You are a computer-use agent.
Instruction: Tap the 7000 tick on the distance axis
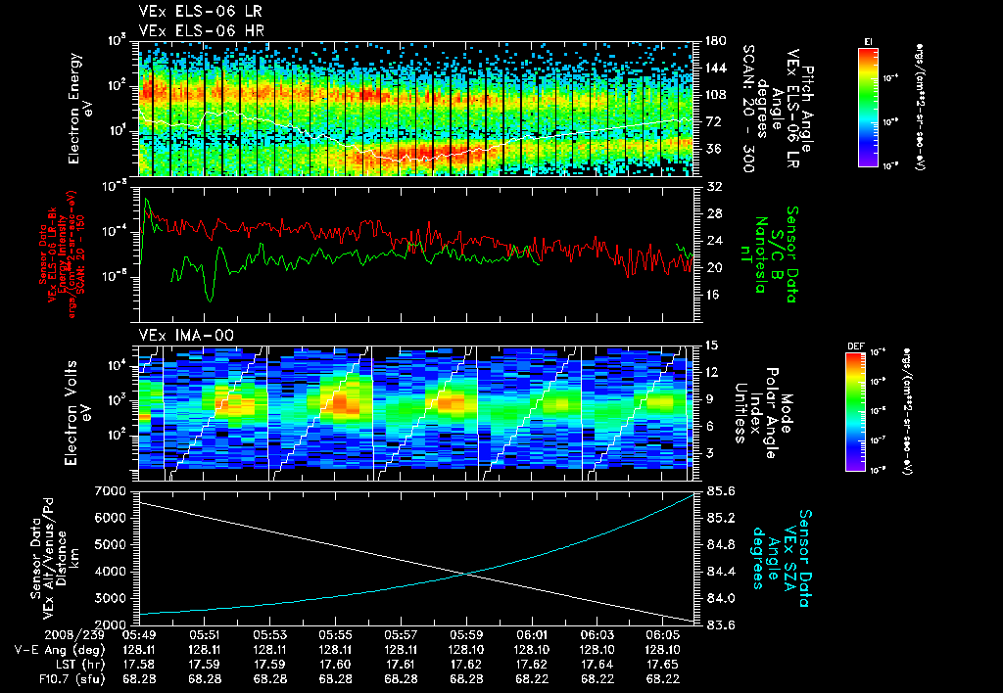click(111, 489)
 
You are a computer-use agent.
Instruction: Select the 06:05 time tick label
click(661, 634)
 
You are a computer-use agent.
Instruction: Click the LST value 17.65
click(661, 664)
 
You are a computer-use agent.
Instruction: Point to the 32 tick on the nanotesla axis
click(712, 186)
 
